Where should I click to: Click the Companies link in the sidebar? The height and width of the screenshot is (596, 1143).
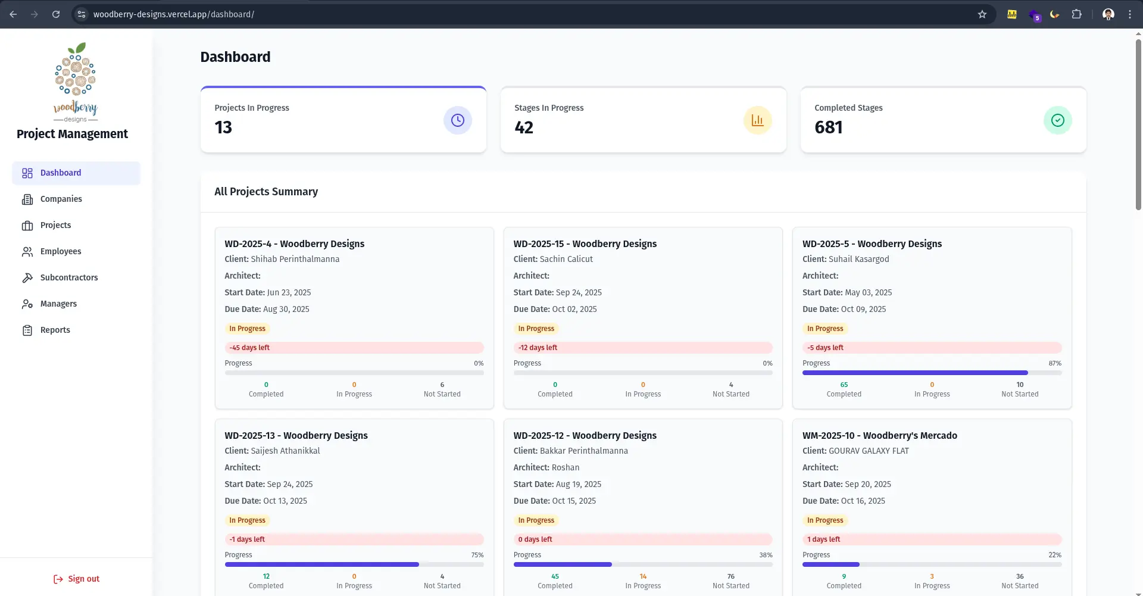coord(61,199)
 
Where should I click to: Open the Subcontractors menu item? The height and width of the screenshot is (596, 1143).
coord(68,277)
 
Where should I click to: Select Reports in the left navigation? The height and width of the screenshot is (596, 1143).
coord(55,330)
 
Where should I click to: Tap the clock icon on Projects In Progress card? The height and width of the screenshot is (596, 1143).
coord(457,120)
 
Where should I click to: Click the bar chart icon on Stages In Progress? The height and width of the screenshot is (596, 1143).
coord(757,120)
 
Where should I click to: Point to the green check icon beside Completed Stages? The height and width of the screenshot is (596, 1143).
coord(1057,120)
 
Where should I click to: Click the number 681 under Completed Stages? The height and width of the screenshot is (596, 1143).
coord(828,127)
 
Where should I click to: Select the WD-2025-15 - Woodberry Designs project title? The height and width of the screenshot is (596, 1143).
coord(585,244)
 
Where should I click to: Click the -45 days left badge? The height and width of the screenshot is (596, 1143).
coord(249,348)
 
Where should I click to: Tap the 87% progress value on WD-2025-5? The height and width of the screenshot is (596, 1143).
coord(1054,363)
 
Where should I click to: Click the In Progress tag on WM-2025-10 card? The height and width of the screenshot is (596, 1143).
coord(825,520)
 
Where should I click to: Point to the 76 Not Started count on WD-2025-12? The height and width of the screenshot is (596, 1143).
coord(730,576)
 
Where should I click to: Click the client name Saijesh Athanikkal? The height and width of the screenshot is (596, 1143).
coord(285,451)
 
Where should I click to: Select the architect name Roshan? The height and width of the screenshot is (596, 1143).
coord(565,467)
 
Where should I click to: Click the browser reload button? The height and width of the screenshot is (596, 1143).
coord(56,14)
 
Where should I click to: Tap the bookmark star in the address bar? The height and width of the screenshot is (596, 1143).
coord(982,14)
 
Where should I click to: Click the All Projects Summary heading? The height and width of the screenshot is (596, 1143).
coord(266,192)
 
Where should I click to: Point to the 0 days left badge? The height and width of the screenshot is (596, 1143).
coord(535,539)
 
